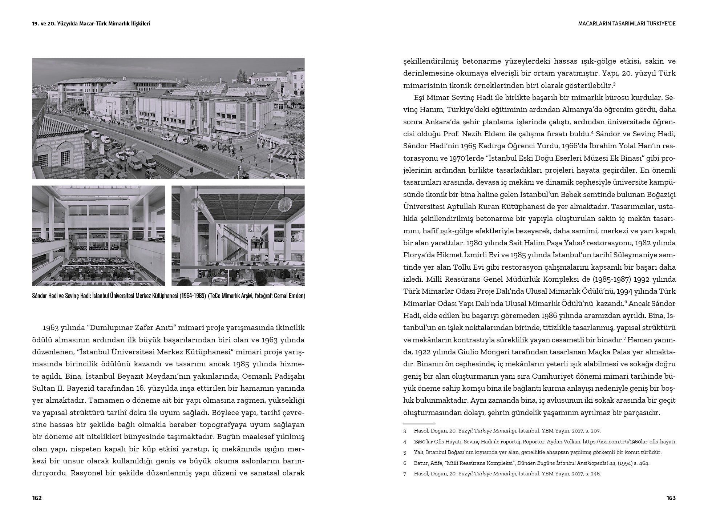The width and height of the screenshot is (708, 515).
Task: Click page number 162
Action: click(x=37, y=498)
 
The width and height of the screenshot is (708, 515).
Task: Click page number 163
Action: click(x=671, y=498)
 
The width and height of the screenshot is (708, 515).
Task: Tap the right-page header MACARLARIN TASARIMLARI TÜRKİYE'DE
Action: click(x=627, y=24)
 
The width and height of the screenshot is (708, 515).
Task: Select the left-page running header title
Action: click(x=91, y=24)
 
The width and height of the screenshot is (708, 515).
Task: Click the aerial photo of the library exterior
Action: click(x=168, y=118)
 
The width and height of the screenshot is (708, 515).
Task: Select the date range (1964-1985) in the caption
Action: click(x=188, y=296)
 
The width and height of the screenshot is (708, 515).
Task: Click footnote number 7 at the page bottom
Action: click(x=405, y=474)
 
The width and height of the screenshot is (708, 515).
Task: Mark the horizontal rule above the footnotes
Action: click(x=419, y=424)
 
